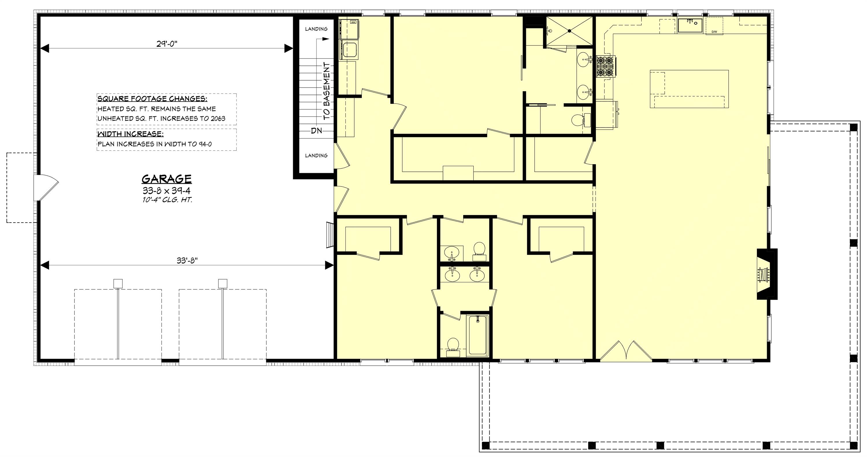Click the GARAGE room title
166,179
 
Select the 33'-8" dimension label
187,261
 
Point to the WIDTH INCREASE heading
130,134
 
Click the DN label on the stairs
316,130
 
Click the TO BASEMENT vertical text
327,91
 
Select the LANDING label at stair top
316,29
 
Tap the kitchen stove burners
605,66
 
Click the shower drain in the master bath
569,31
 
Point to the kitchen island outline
689,89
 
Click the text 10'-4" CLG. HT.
166,200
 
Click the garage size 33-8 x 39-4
166,191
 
